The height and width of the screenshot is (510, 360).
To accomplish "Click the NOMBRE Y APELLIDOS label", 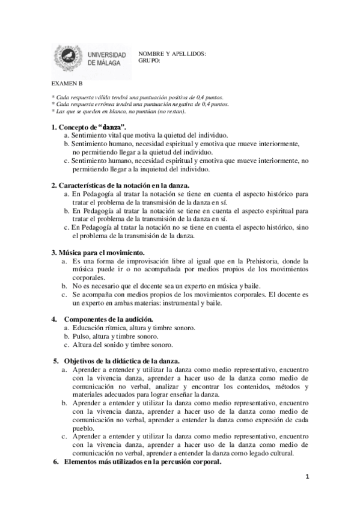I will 172,54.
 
